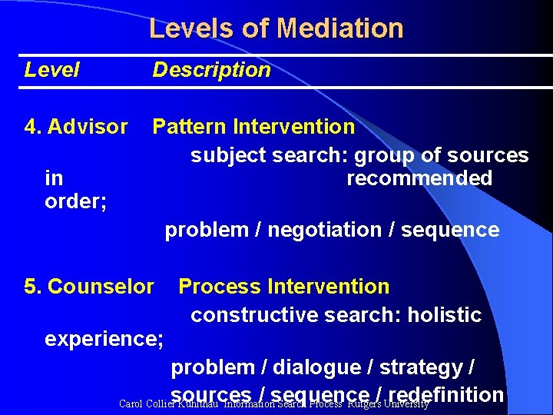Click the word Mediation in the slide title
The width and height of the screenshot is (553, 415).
(x=340, y=28)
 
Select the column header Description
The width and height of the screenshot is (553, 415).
(x=211, y=70)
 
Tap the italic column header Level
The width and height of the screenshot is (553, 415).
(x=51, y=70)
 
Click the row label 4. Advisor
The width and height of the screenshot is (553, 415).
(x=76, y=126)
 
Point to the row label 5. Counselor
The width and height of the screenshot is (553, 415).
(x=89, y=287)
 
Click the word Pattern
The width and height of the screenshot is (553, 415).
(x=190, y=126)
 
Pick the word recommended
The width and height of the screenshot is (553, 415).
(x=419, y=178)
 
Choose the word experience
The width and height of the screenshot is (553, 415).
(x=101, y=338)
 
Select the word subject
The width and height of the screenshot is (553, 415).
(x=227, y=155)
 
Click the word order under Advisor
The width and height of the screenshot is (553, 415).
(x=75, y=202)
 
